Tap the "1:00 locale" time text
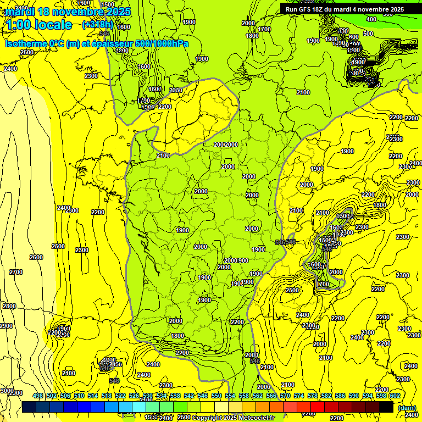point(40,24)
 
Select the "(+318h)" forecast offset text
point(97,24)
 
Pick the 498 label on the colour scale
point(38,396)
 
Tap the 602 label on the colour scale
point(395,396)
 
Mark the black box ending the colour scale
point(386,407)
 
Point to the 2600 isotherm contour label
point(36,257)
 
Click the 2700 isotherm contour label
point(16,272)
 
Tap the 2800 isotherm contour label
point(9,306)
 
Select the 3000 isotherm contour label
point(7,390)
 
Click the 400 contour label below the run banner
point(371,19)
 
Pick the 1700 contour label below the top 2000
point(264,29)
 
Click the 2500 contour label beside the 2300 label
point(292,290)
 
